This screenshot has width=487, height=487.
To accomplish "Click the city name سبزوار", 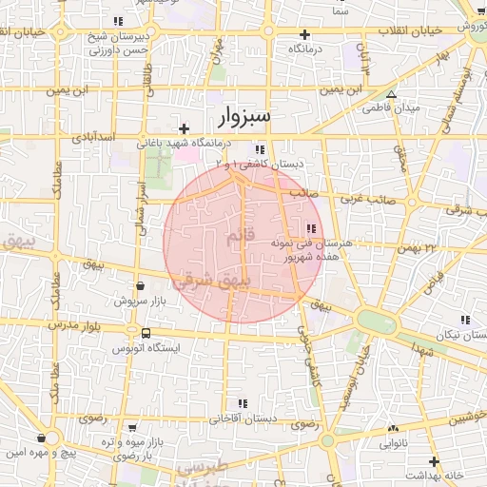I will coord(238,116).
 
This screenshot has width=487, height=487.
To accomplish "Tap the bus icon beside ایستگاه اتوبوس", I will coord(146,333).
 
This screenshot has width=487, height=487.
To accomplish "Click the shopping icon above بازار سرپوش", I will coord(141,285).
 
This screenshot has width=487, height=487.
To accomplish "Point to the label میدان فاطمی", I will coord(389,108).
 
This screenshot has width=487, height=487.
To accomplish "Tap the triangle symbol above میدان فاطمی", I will coord(391,94).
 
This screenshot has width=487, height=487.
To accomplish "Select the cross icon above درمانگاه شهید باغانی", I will coord(184,127).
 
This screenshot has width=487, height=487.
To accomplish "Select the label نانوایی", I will coord(393,443).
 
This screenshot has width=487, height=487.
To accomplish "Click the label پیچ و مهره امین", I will coord(39,453).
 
